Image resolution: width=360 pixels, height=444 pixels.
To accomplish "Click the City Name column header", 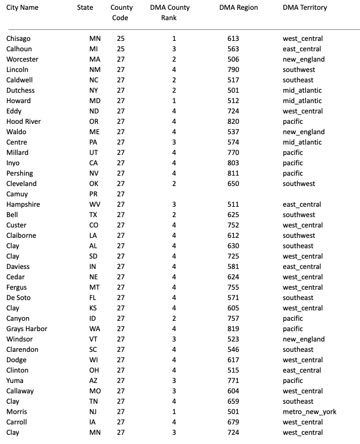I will pos(22,7).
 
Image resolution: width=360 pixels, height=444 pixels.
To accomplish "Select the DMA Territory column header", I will pos(305,7).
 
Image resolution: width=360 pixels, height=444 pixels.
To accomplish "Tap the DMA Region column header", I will pos(238,7).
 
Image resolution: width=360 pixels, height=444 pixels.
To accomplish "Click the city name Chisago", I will pos(18,39).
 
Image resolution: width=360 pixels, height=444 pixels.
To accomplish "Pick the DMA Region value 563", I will pos(233,49).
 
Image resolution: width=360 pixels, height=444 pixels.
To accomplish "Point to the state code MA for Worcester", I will pos(94,59).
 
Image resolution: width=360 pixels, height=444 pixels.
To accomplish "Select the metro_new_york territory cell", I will pos(309,412).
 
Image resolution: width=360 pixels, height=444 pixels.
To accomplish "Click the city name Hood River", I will pos(23,122).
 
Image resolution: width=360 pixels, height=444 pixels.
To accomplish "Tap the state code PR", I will pos(94,194).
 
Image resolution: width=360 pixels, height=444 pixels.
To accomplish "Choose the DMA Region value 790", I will pos(233,70).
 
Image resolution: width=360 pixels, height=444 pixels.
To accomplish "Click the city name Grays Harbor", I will pos(26,329).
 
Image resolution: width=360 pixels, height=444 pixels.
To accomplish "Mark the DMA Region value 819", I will pos(233,329).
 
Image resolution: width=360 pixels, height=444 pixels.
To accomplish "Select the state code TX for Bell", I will pos(94,215).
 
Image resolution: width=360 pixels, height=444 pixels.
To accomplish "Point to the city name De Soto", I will pos(18,298).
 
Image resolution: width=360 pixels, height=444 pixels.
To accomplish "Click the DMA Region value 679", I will pos(233,422).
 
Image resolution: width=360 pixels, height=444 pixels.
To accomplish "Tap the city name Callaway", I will pos(20,391).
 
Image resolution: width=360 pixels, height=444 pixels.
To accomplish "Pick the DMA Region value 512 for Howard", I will pos(233,101).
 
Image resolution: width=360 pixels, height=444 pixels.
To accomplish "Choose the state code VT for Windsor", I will pos(94,339).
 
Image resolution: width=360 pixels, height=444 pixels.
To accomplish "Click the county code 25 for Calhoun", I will pos(120,49).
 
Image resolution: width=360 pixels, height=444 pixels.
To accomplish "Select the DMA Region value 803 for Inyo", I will pos(233,163).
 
